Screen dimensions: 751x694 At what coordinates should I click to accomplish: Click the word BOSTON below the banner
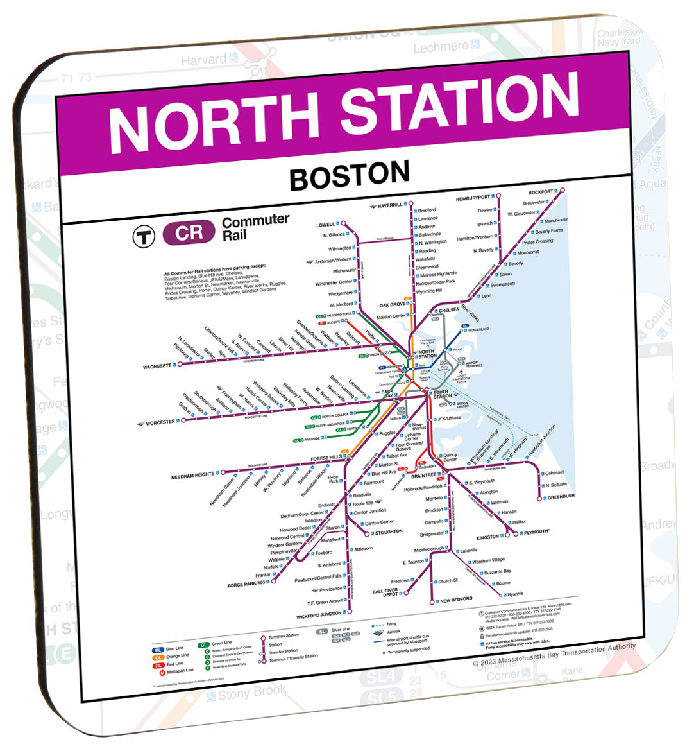(350, 175)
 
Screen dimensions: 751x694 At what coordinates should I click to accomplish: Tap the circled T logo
(144, 237)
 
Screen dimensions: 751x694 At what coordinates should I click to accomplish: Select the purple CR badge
(189, 233)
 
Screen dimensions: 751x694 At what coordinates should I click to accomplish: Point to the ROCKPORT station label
(540, 192)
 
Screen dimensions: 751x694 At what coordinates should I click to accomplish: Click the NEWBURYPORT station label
(473, 198)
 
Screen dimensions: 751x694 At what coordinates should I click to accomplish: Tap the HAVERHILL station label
(389, 205)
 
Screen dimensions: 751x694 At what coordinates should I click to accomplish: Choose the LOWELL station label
(325, 225)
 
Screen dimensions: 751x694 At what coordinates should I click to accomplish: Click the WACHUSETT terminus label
(157, 367)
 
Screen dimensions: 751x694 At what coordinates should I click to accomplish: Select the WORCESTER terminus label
(160, 423)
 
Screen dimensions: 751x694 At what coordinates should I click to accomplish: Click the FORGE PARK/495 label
(247, 585)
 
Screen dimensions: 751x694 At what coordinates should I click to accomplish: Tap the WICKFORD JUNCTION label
(319, 616)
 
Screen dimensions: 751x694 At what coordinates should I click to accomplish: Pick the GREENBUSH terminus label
(561, 497)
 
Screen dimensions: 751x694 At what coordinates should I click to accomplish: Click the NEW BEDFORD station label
(456, 600)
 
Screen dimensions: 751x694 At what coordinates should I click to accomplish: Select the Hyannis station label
(515, 594)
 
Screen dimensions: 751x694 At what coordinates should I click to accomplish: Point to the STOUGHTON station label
(389, 532)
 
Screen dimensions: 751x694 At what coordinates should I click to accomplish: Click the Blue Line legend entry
(174, 648)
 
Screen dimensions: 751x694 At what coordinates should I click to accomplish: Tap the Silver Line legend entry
(341, 630)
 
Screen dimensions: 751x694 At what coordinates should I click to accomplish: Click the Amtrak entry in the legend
(393, 632)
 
